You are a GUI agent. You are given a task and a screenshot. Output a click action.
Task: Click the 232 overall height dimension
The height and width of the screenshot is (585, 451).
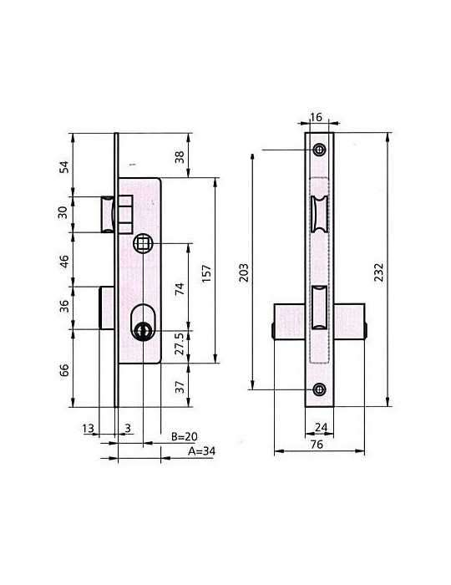coord(378,272)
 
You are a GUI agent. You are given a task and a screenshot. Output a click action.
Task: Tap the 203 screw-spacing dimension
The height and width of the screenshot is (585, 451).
coord(243,272)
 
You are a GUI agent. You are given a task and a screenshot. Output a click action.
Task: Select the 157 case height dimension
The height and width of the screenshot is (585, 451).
coord(206,273)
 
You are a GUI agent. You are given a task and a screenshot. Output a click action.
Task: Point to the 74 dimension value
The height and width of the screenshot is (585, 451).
coord(180,289)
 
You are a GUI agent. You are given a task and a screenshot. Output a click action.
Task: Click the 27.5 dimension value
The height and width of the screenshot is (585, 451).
coord(180,344)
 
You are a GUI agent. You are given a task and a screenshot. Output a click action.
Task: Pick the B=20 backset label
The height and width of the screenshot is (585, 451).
coord(184,436)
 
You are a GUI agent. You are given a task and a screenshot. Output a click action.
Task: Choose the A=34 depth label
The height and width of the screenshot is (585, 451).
coord(201,451)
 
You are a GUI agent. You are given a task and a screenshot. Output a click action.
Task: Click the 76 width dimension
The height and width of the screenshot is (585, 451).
coord(317,445)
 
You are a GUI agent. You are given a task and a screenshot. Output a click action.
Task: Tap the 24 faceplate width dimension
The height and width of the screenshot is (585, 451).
coord(321,427)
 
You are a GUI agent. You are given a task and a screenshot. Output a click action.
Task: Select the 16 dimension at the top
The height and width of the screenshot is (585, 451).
coord(316,117)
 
